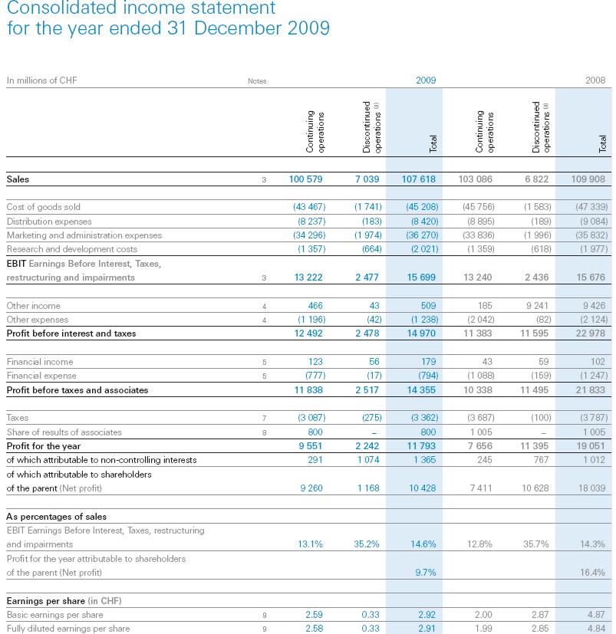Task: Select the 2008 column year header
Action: click(x=595, y=80)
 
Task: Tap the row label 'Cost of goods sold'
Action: click(x=43, y=207)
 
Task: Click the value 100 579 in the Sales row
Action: click(x=305, y=179)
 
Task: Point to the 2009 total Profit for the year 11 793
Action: click(x=422, y=445)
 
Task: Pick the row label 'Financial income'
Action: click(x=40, y=362)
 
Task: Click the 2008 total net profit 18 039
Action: click(x=591, y=488)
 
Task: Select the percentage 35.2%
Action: click(x=365, y=544)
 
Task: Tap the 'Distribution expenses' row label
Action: click(x=48, y=222)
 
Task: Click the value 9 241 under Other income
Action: click(x=539, y=306)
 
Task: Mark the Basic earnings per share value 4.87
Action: click(x=595, y=615)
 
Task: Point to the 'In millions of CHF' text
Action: click(x=41, y=80)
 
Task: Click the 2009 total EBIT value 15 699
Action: click(x=422, y=278)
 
